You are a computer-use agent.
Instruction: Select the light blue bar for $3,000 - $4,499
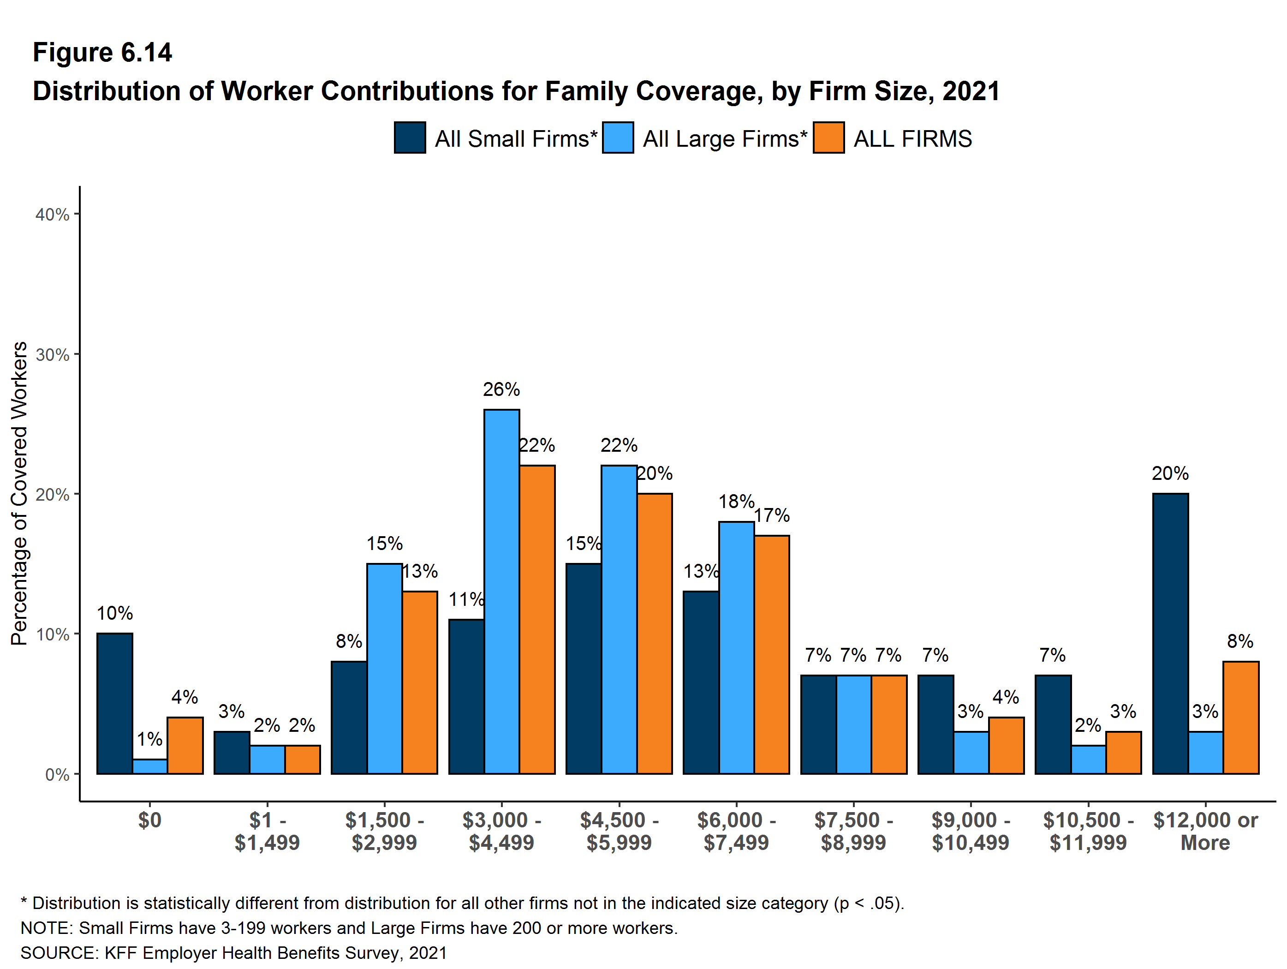tap(501, 591)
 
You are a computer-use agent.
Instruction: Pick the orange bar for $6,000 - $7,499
tap(771, 654)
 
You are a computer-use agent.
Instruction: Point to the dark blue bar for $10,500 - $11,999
tap(1053, 724)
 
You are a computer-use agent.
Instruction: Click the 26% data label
tap(501, 389)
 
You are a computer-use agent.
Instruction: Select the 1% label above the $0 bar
tap(149, 739)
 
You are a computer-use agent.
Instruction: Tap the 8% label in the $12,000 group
tap(1240, 641)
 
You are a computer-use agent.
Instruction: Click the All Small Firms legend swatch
tap(410, 138)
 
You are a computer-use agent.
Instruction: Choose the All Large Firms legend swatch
tap(618, 138)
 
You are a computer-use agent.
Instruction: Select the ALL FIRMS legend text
tap(912, 139)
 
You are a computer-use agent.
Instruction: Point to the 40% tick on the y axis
tap(53, 214)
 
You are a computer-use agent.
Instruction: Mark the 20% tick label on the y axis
tap(53, 495)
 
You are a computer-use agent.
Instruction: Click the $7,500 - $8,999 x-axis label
tap(853, 831)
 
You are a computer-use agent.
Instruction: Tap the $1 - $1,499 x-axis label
tap(267, 831)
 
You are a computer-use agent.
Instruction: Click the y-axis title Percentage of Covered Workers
tap(19, 494)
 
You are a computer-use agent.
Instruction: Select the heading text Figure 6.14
tap(102, 53)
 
